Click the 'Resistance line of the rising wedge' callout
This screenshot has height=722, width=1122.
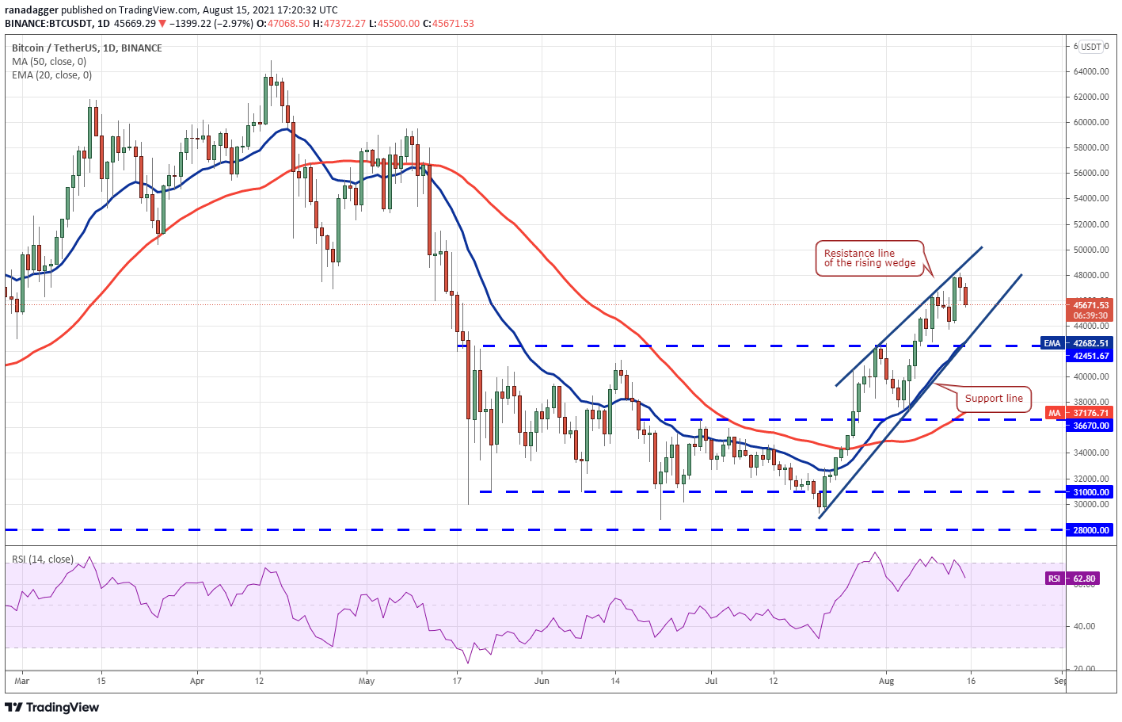869,258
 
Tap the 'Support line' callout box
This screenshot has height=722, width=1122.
994,399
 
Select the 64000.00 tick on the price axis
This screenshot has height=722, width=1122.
1090,71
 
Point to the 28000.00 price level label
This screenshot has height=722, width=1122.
1090,530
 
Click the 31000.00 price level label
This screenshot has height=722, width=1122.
1090,492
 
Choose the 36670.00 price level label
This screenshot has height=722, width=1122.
1090,426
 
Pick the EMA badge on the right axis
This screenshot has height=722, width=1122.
1052,343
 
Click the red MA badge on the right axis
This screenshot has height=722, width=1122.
1054,413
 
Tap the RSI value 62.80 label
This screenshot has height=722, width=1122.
1084,579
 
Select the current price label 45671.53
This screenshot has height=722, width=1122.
1090,305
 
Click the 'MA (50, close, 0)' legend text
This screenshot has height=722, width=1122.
49,62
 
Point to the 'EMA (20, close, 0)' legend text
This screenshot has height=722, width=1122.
51,75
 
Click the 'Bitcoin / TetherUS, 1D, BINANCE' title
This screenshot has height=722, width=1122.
86,48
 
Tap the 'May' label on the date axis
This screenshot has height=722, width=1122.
366,681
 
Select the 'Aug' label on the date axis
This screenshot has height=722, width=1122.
886,681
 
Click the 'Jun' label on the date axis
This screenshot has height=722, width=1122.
542,681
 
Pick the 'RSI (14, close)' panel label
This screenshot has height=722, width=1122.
43,560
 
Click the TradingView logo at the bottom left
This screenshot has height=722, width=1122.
52,707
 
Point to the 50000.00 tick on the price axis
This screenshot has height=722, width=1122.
1090,250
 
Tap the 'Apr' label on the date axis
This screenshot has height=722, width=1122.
197,681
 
